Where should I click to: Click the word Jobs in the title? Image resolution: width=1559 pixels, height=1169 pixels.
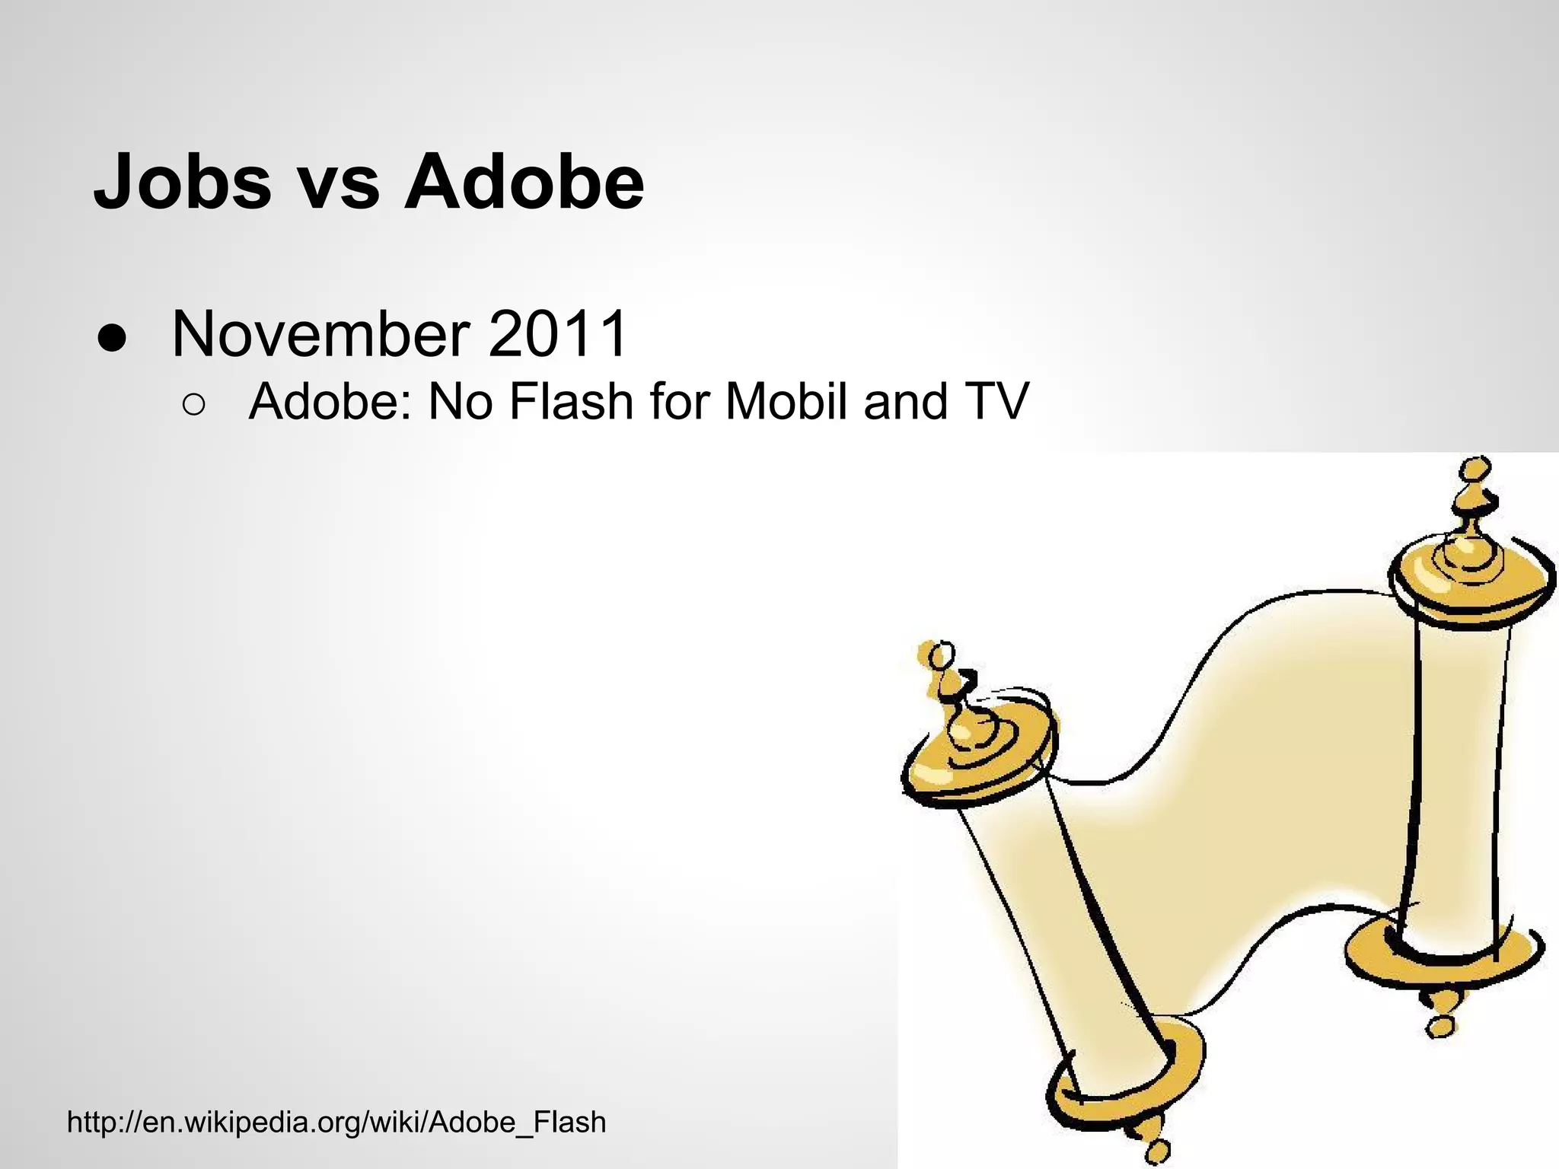[183, 183]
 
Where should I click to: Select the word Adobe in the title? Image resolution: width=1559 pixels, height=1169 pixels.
[524, 183]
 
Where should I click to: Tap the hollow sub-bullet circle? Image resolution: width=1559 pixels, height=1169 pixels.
[193, 406]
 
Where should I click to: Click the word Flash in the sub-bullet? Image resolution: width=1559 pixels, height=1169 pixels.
[570, 401]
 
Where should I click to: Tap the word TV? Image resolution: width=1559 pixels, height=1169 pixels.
[996, 401]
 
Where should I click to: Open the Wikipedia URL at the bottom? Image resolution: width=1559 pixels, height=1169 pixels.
[336, 1122]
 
